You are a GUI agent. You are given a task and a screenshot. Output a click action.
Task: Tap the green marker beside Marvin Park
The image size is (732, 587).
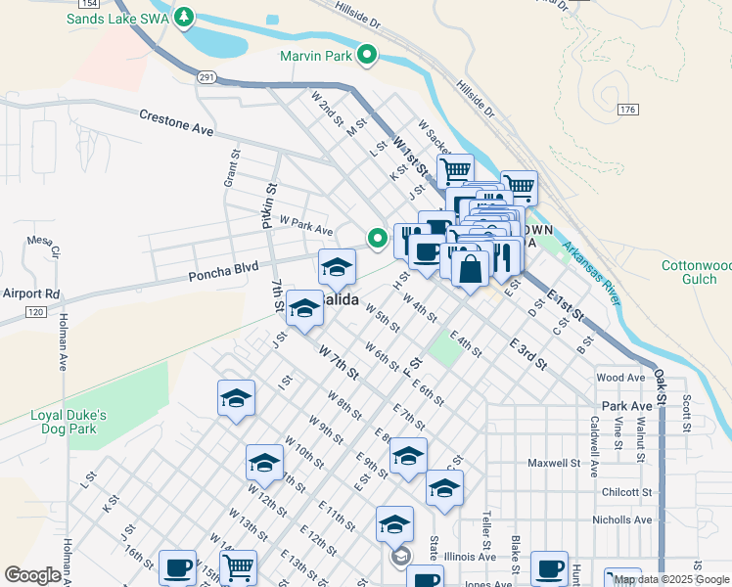tap(368, 56)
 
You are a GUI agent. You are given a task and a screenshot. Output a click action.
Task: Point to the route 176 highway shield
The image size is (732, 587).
tap(628, 110)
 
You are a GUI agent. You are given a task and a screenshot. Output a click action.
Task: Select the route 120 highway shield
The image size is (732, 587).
tap(34, 311)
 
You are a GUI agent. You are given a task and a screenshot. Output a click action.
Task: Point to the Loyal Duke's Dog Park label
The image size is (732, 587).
tap(81, 422)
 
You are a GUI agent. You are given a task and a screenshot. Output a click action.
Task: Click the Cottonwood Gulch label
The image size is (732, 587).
tap(697, 272)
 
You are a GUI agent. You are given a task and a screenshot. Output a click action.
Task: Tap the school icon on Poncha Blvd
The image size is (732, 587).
tap(337, 266)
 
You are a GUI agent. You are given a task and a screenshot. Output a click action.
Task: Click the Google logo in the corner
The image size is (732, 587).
tap(32, 575)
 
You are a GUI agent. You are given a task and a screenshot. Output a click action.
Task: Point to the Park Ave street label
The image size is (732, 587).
tap(626, 405)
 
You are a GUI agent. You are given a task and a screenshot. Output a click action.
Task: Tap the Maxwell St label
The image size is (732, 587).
tap(555, 462)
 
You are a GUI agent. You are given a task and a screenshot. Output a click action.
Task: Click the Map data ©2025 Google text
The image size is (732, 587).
tap(671, 579)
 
